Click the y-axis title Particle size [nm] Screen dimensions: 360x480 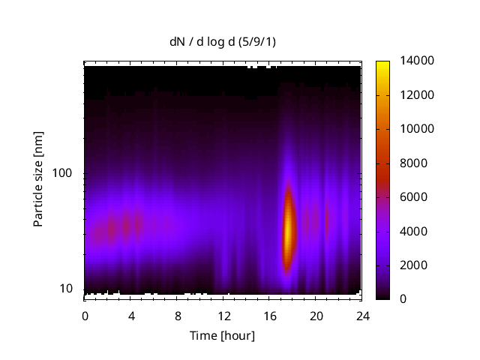tap(38, 181)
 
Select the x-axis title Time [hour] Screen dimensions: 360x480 tap(221, 335)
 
